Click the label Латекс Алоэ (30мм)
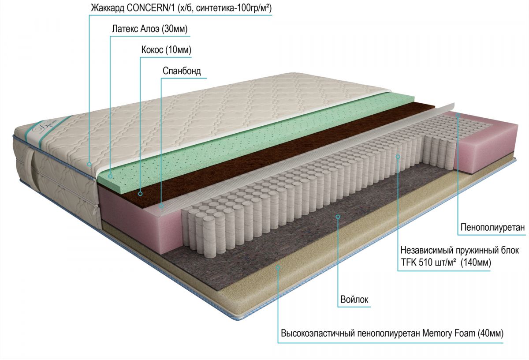coord(150,30)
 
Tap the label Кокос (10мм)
coord(166,50)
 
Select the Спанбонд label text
coord(182,71)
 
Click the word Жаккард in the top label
coord(104,8)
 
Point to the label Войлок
coord(354,300)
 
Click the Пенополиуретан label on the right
coord(492,228)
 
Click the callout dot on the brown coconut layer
coord(140,193)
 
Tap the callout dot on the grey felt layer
coord(338,216)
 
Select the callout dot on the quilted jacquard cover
coord(89,164)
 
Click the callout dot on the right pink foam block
coord(458,116)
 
